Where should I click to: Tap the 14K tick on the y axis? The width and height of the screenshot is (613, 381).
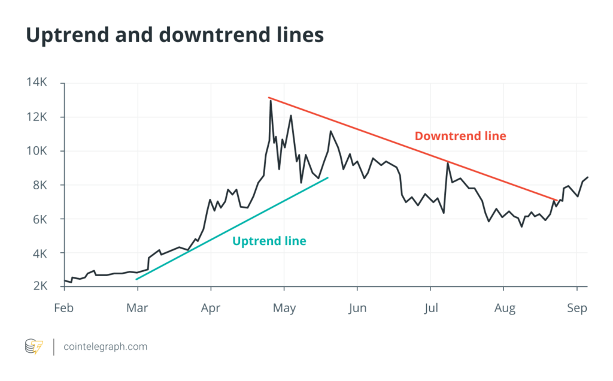(x=36, y=82)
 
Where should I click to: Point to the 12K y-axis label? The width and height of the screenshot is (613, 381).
(x=36, y=116)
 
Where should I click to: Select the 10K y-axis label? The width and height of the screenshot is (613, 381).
(x=36, y=150)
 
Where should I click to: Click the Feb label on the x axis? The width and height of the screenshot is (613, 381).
(x=63, y=309)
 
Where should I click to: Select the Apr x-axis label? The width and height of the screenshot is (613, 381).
(x=211, y=309)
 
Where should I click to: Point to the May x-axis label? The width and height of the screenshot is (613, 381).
(x=284, y=309)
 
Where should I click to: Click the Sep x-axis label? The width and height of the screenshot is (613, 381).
(x=577, y=309)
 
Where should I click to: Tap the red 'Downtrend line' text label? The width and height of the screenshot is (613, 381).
(x=460, y=136)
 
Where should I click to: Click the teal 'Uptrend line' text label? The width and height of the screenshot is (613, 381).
(x=269, y=241)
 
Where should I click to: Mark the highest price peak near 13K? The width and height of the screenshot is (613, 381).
(x=271, y=101)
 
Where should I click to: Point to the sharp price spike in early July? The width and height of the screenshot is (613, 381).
(x=448, y=162)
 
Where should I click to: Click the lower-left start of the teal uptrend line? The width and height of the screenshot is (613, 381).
(x=137, y=279)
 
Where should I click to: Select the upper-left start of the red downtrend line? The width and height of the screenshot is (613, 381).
(x=269, y=97)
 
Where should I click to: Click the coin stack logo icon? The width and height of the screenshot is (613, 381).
(x=34, y=346)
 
